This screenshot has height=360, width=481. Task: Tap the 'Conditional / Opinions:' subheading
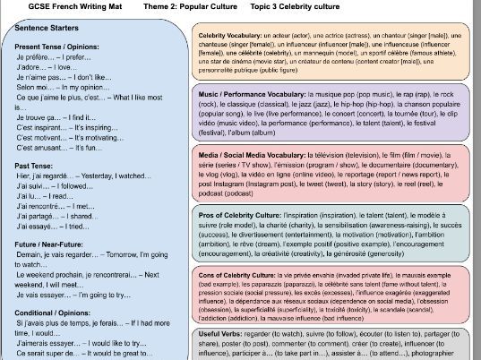(x=52, y=313)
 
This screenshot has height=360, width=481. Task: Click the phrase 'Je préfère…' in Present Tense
(x=33, y=56)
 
